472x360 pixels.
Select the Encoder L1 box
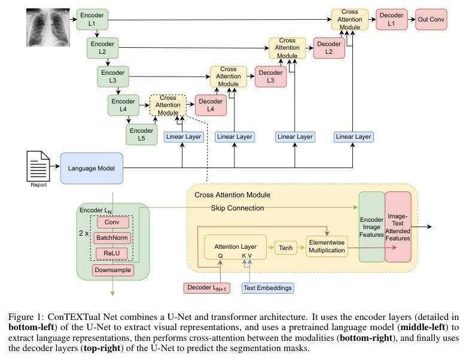(x=92, y=20)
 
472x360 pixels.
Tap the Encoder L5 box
(x=141, y=135)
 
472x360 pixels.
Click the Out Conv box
(x=431, y=20)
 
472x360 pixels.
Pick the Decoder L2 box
(x=329, y=48)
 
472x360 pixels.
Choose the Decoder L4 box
(x=211, y=105)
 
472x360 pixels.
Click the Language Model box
(x=92, y=167)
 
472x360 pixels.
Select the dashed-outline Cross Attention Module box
(x=168, y=105)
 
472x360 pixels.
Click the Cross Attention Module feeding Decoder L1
(x=350, y=20)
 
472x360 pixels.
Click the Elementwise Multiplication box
(x=327, y=246)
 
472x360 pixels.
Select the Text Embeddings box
(x=268, y=288)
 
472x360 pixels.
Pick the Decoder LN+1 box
(x=206, y=288)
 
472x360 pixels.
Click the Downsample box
(x=112, y=270)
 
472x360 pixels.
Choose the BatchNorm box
(x=112, y=238)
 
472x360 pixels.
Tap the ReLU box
(x=112, y=253)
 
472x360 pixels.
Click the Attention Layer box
(x=235, y=246)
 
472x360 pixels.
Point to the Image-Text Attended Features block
(x=398, y=227)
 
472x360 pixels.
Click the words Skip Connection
(x=237, y=208)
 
